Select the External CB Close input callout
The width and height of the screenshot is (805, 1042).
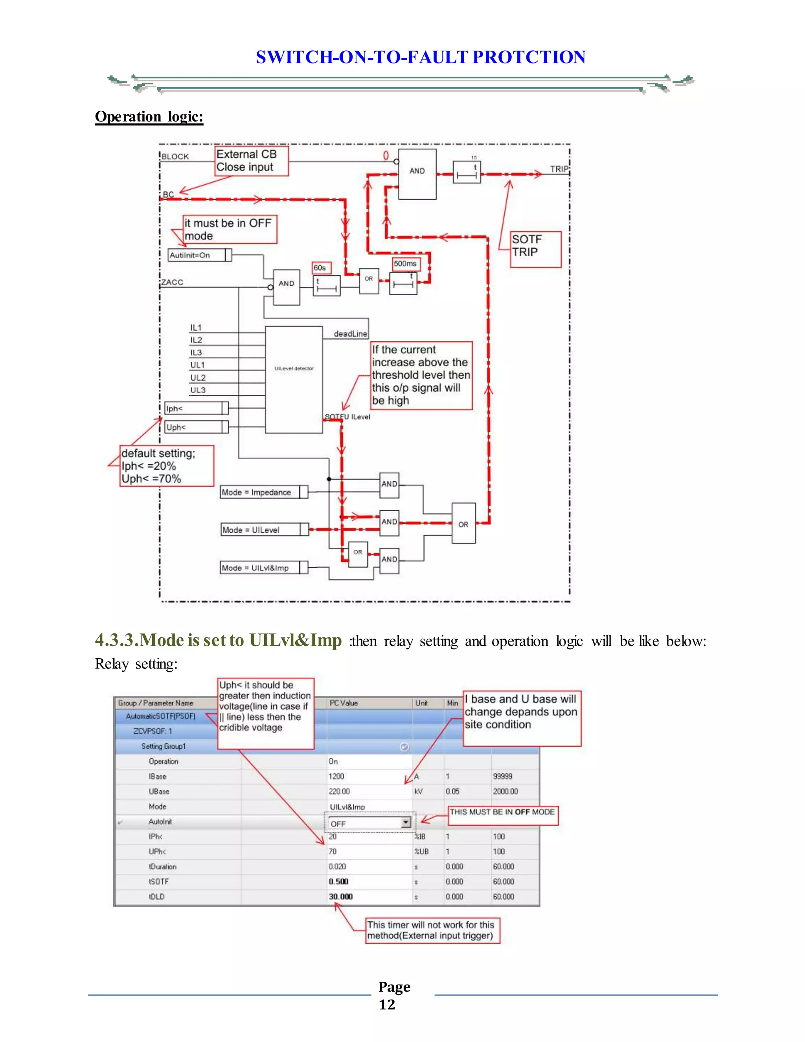pos(251,161)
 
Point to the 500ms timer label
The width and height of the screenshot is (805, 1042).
pos(406,263)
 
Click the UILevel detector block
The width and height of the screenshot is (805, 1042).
pos(294,380)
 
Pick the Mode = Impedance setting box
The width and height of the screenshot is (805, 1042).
pos(264,492)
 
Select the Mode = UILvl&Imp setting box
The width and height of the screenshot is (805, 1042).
pos(264,568)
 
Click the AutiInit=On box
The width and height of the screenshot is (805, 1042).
pos(200,255)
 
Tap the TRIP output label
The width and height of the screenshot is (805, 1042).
pos(559,169)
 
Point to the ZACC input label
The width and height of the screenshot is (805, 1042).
pos(172,282)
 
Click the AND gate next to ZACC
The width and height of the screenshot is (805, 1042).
pos(286,287)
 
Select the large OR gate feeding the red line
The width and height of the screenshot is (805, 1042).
pos(463,523)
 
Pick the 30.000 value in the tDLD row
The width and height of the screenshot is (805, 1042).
pos(340,897)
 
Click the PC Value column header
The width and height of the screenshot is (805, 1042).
pos(344,703)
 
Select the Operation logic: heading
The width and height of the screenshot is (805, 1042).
pos(149,117)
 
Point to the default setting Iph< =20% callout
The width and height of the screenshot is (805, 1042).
pos(166,466)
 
